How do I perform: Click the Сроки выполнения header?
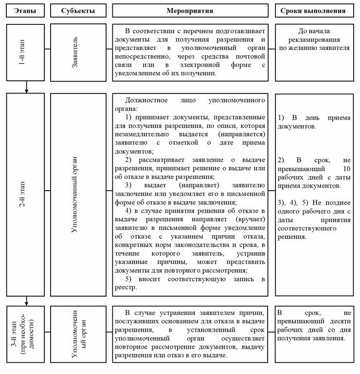[314, 10]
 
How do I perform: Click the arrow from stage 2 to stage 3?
[26, 301]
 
